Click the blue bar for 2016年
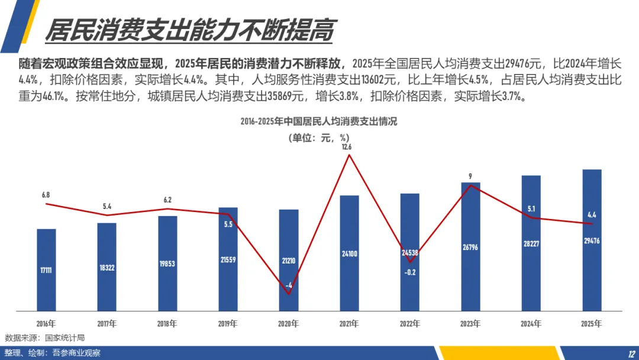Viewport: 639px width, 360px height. pyautogui.click(x=46, y=270)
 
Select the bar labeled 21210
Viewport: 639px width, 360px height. pyautogui.click(x=289, y=260)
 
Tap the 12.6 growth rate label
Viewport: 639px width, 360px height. pyautogui.click(x=347, y=147)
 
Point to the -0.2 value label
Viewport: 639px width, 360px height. pyautogui.click(x=410, y=272)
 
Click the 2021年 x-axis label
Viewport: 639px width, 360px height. pyautogui.click(x=349, y=324)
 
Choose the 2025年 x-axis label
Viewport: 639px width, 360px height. pyautogui.click(x=591, y=324)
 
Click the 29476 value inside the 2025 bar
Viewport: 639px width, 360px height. pyautogui.click(x=592, y=241)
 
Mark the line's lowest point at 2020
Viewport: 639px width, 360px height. pyautogui.click(x=289, y=294)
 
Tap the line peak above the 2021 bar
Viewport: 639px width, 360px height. pyautogui.click(x=349, y=155)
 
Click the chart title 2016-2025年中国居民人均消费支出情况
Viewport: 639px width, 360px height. pyautogui.click(x=319, y=121)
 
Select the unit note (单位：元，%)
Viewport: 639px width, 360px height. pyautogui.click(x=319, y=138)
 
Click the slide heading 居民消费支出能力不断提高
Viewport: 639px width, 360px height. pyautogui.click(x=189, y=30)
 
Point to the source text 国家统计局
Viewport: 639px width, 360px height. pyautogui.click(x=65, y=338)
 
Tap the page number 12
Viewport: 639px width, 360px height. pyautogui.click(x=631, y=354)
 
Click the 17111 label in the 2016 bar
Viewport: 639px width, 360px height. pyautogui.click(x=46, y=271)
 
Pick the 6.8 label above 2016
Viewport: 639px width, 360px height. pyautogui.click(x=46, y=195)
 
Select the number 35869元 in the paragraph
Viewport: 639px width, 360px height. pyautogui.click(x=286, y=97)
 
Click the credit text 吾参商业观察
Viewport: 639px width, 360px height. pyautogui.click(x=76, y=353)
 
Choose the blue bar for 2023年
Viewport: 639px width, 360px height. pyautogui.click(x=471, y=247)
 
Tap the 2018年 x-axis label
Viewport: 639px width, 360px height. pyautogui.click(x=167, y=324)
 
